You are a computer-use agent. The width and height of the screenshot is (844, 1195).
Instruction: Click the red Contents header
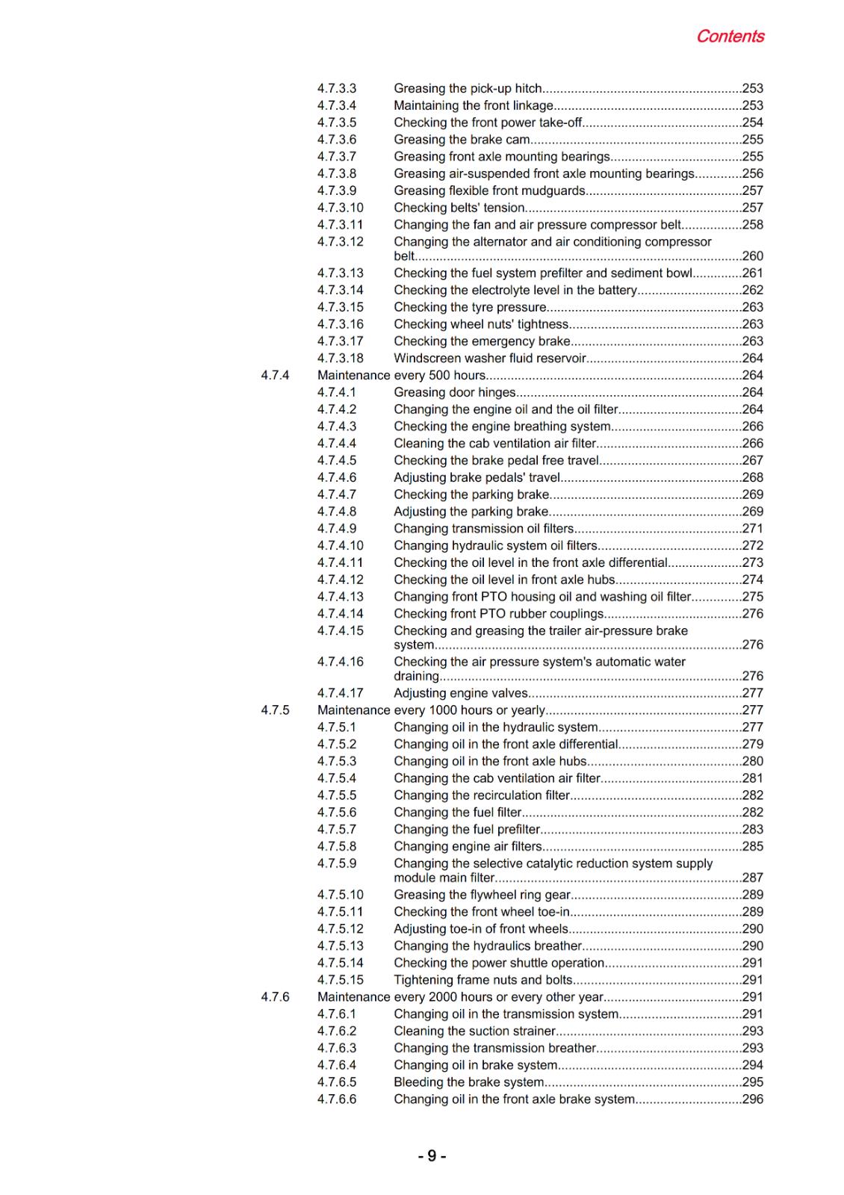pos(730,36)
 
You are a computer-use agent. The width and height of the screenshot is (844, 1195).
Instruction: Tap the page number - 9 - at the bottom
pos(432,1156)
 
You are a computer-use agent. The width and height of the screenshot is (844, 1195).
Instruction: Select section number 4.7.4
pos(275,375)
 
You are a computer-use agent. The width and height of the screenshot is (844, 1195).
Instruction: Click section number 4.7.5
pos(275,710)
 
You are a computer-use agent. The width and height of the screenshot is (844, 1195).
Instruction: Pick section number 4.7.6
pos(275,996)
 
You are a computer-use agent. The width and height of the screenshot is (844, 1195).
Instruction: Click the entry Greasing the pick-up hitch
pos(468,89)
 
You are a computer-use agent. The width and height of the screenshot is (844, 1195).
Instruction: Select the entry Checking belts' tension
pos(459,208)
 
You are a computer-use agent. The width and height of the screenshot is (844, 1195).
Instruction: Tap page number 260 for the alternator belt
pos(753,256)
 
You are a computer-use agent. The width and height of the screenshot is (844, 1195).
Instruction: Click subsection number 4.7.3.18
pos(340,358)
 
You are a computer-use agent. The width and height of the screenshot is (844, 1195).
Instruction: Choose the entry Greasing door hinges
pos(455,392)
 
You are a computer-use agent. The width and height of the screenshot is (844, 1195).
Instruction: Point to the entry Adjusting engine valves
pos(461,693)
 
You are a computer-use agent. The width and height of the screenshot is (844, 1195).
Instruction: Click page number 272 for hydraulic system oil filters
pos(753,546)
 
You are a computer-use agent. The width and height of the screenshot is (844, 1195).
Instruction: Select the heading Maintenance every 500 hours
pos(401,375)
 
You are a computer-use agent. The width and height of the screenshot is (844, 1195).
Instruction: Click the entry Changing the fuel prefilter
pos(467,829)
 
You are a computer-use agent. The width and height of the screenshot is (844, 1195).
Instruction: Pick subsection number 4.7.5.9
pos(337,863)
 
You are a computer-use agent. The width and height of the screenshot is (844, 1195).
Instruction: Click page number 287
pos(753,878)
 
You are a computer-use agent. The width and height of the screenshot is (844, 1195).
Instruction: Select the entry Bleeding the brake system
pos(469,1082)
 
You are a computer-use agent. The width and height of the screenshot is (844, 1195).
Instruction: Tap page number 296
pos(753,1099)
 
